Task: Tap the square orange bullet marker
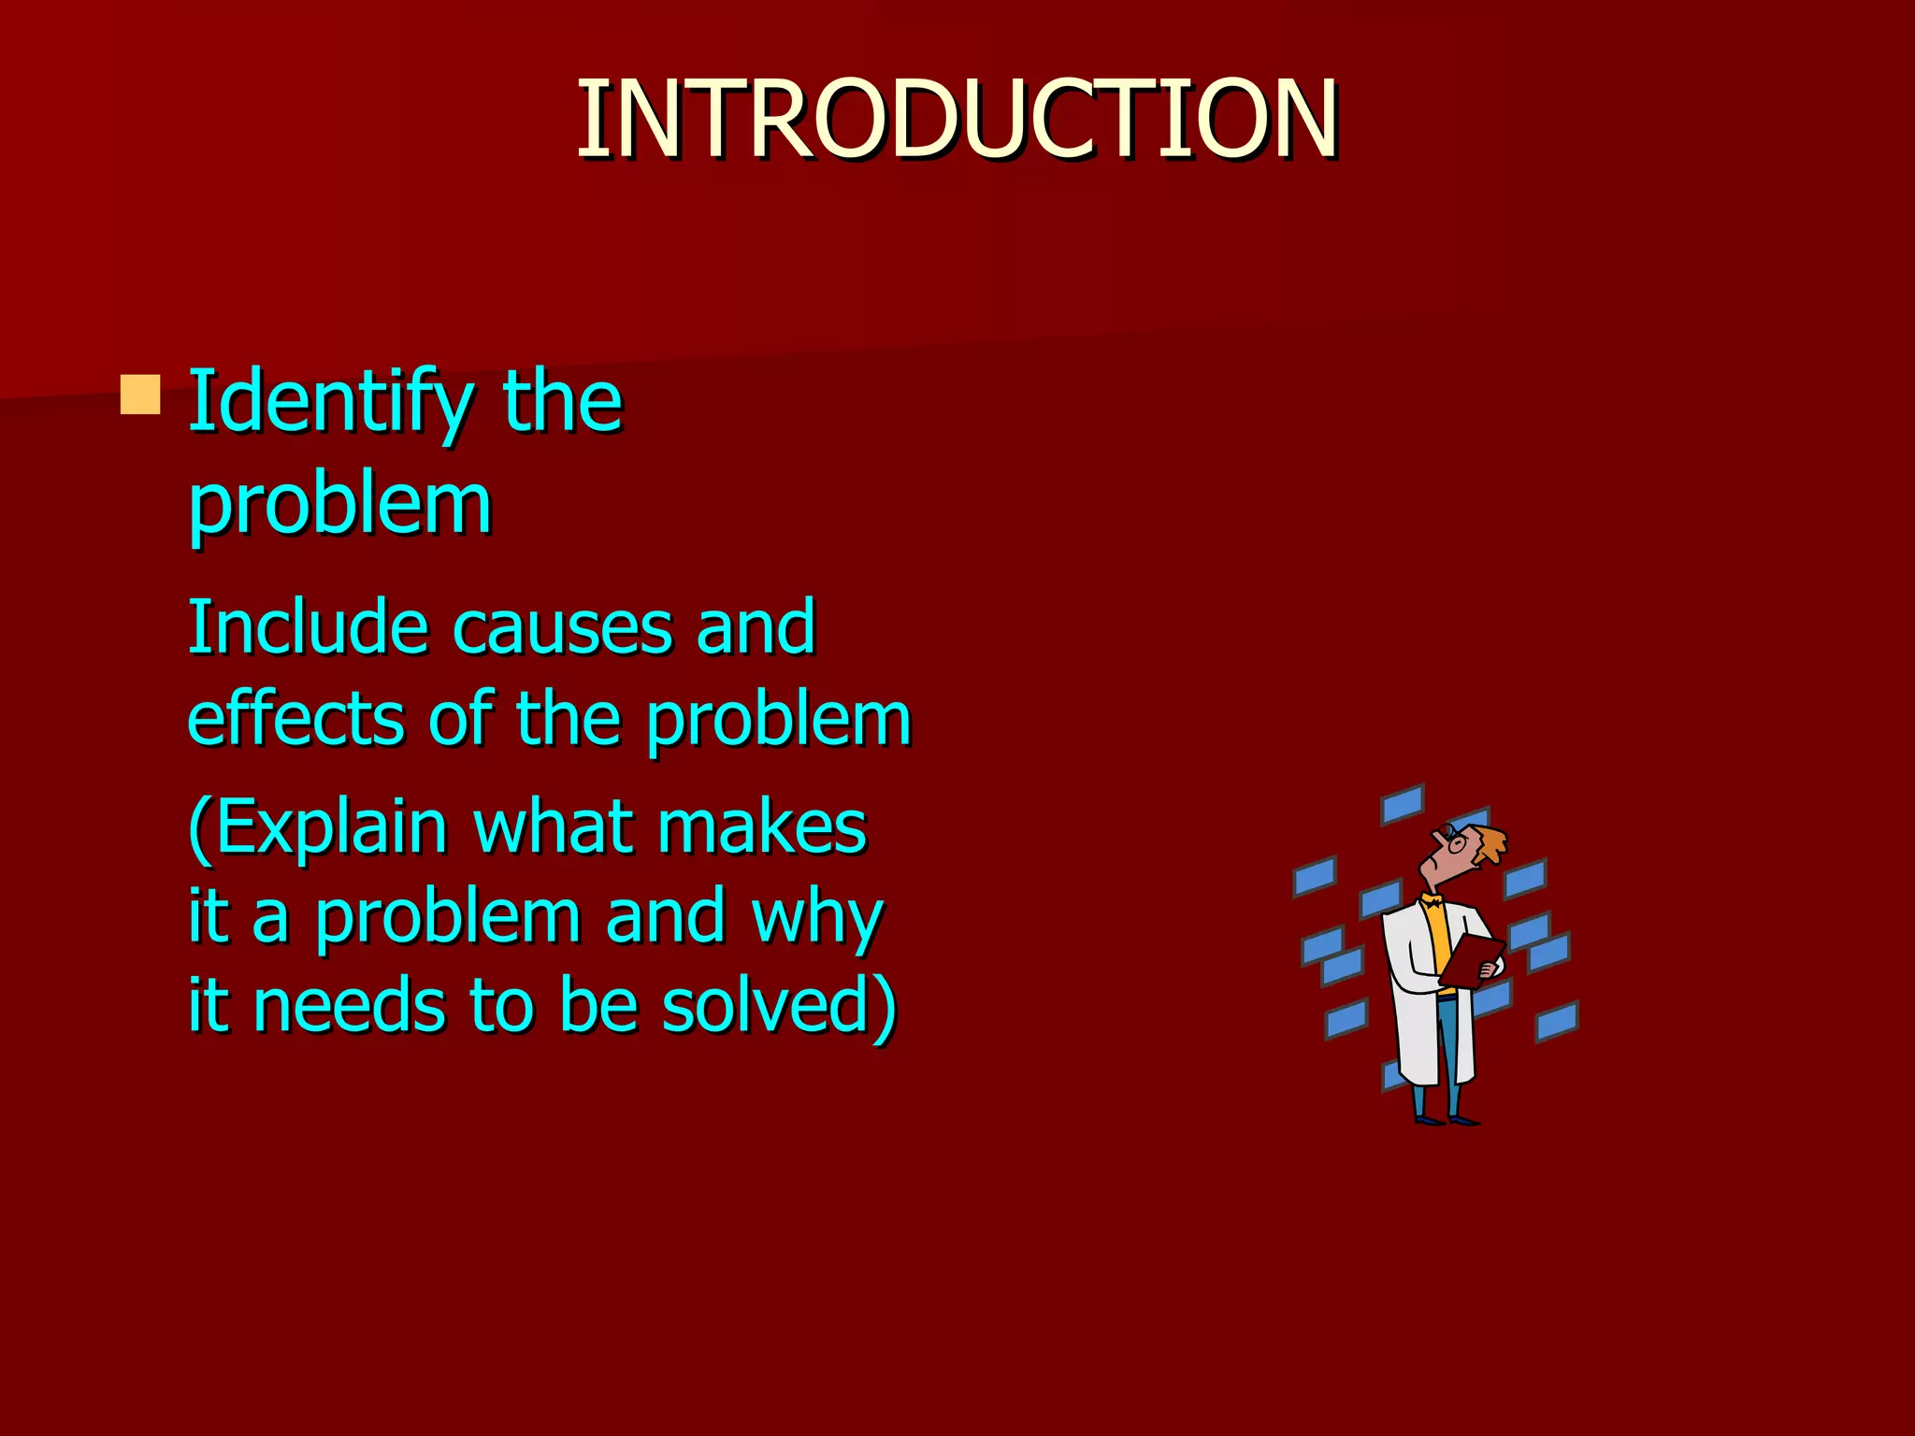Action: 140,395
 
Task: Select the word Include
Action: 308,626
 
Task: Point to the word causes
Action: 562,628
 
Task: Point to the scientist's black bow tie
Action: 1432,902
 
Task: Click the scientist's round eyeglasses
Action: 1455,840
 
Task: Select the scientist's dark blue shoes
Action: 1445,1118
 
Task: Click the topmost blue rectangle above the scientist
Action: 1403,804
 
